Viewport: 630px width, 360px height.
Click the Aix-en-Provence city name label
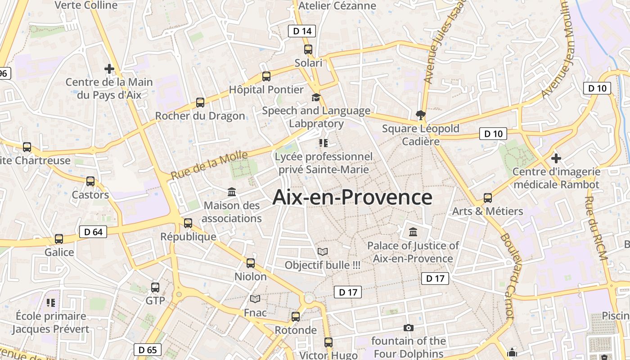352,198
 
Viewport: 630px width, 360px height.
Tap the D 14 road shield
302,31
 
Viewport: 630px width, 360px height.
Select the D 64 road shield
94,232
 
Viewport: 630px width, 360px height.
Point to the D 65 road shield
148,350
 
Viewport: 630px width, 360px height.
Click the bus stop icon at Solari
308,49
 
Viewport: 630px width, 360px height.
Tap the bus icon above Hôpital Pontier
266,76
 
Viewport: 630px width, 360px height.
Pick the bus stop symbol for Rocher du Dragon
200,103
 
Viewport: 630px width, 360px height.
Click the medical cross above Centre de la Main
109,69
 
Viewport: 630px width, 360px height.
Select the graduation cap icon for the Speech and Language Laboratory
316,97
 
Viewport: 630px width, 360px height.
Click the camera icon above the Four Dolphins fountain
409,328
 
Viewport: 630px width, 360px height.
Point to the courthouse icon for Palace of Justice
413,232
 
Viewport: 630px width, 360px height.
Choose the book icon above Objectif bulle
323,252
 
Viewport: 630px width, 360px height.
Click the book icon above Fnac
255,299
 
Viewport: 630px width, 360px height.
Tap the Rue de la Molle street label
209,165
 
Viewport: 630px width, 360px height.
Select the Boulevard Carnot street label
507,276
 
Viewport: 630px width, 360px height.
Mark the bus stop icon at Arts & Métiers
488,198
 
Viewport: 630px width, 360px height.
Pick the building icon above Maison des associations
232,192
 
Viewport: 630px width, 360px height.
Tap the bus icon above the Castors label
90,181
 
